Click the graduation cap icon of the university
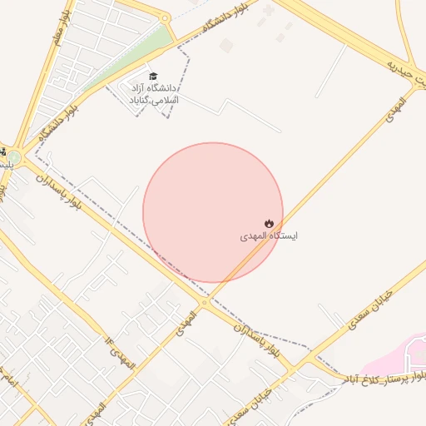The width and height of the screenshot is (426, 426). pos(152,75)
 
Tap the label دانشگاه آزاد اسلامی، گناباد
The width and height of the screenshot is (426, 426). pos(152,92)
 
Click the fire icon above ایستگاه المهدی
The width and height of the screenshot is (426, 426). pos(269,223)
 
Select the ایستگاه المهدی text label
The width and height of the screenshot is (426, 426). pos(269,236)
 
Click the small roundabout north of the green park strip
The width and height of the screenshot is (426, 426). pos(165,18)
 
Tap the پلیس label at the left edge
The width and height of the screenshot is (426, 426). pos(7,166)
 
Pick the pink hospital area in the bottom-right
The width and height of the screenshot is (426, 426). pos(395,354)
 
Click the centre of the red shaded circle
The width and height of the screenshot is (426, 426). pos(213,212)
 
